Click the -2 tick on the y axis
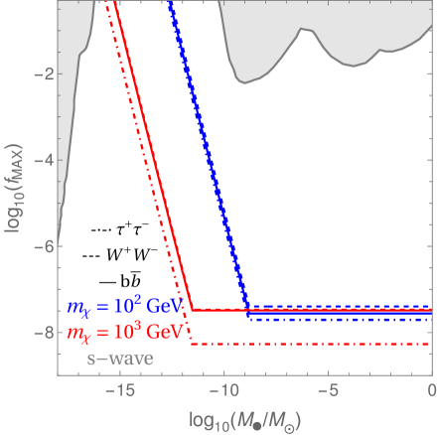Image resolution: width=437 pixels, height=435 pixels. (40, 73)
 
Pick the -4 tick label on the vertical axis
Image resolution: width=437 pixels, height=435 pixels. (40, 159)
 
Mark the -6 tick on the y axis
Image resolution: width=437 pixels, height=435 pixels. (40, 245)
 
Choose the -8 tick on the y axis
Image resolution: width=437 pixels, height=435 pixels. (40, 332)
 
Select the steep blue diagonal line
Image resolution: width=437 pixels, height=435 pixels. (209, 159)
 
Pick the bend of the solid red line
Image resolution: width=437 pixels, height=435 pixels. (190, 310)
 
